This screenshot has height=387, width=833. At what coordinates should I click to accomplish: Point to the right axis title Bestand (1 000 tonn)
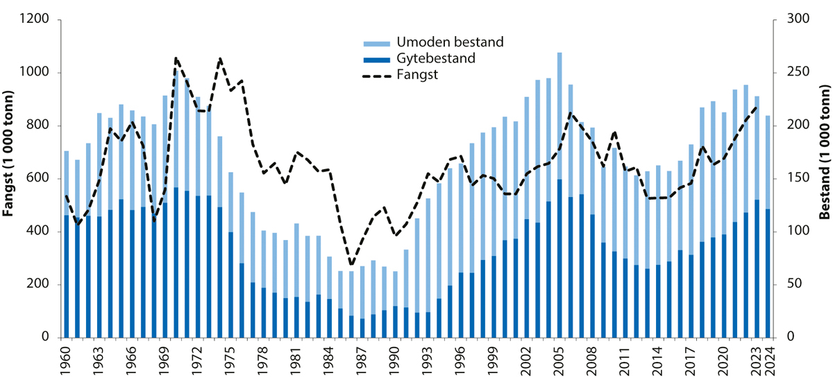click(x=823, y=178)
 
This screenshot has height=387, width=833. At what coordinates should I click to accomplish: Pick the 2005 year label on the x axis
click(x=559, y=361)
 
